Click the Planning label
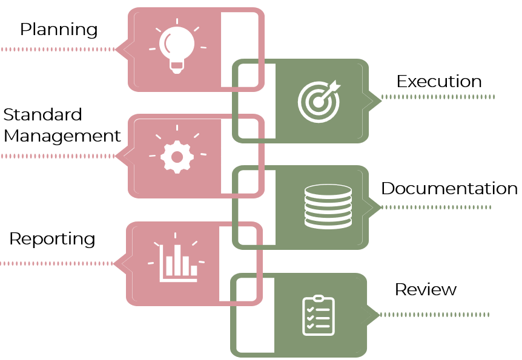59,29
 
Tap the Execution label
439,82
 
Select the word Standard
42,114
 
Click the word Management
62,136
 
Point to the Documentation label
449,188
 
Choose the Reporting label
52,239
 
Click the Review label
425,289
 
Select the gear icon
177,156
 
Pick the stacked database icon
328,206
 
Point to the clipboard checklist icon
318,315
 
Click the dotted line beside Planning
58,49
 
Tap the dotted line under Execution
438,97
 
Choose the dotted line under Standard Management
58,156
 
